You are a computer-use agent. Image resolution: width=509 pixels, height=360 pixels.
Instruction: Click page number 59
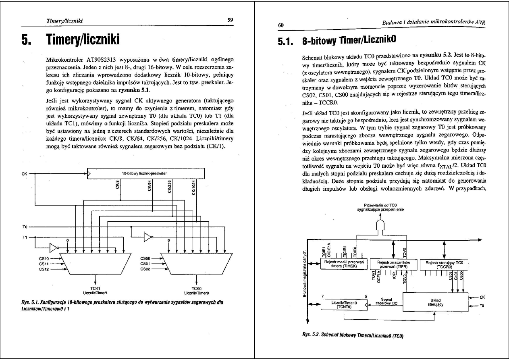click(x=230, y=19)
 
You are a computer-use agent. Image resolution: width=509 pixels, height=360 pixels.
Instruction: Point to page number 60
click(x=281, y=25)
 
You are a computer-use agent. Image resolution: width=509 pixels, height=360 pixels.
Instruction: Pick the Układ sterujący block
click(x=435, y=302)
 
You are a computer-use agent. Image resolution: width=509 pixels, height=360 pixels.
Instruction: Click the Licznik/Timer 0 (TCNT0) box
click(x=342, y=304)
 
